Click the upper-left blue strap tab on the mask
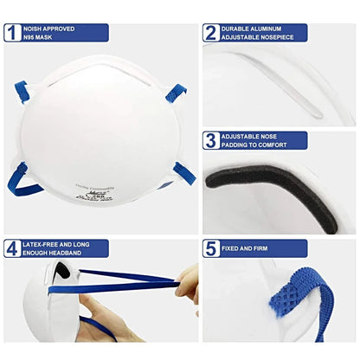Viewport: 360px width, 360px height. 21,91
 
